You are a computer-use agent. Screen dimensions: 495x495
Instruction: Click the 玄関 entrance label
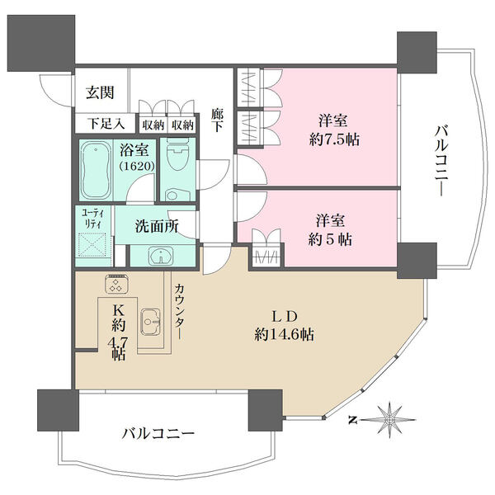click(x=100, y=92)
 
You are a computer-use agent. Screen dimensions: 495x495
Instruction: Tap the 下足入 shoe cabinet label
click(x=106, y=123)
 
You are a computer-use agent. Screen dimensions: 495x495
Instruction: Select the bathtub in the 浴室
click(x=96, y=170)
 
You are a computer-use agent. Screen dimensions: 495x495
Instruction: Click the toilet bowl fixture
click(x=177, y=155)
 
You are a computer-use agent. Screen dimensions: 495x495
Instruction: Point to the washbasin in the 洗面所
click(x=161, y=256)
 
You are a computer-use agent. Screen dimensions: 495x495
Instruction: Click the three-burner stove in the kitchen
click(x=117, y=283)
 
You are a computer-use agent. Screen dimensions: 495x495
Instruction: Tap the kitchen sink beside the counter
click(x=151, y=321)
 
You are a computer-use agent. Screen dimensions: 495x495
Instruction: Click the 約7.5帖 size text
click(x=334, y=139)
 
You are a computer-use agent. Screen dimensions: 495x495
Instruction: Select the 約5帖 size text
click(x=330, y=239)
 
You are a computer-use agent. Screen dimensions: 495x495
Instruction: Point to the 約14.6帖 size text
click(x=284, y=334)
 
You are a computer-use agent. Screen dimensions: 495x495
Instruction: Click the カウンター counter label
click(x=179, y=312)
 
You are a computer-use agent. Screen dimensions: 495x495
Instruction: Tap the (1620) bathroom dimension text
click(x=137, y=166)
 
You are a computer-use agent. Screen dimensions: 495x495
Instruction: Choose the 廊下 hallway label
click(x=217, y=120)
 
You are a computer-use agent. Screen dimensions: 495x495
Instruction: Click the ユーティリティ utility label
click(x=92, y=219)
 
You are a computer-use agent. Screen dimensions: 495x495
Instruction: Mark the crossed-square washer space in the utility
click(x=92, y=245)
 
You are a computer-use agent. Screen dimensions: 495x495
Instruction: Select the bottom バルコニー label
click(x=158, y=434)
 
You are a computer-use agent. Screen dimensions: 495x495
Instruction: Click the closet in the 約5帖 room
click(x=267, y=248)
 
